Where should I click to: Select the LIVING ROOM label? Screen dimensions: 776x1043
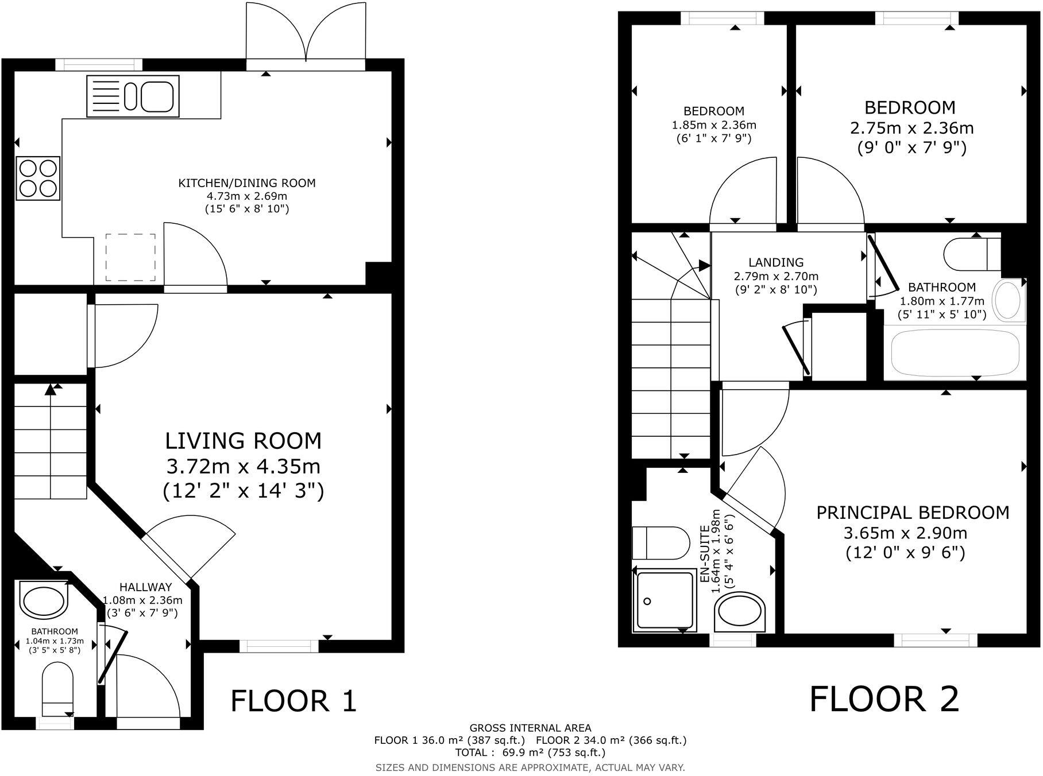point(244,441)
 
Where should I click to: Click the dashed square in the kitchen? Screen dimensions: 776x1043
point(130,257)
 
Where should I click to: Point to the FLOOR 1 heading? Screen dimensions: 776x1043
point(293,701)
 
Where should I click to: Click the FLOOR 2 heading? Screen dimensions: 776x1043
point(884,699)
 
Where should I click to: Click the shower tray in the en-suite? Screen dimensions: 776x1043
point(664,600)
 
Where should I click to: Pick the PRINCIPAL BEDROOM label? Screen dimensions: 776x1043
point(913,513)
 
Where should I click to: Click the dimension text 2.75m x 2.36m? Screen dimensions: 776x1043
point(911,127)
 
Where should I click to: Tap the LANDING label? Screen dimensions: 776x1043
point(776,263)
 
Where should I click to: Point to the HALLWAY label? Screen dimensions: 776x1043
point(145,587)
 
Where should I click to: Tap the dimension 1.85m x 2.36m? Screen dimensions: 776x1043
point(714,125)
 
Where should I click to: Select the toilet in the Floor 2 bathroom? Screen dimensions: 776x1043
point(971,254)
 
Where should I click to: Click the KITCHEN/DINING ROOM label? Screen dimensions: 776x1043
point(247,184)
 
